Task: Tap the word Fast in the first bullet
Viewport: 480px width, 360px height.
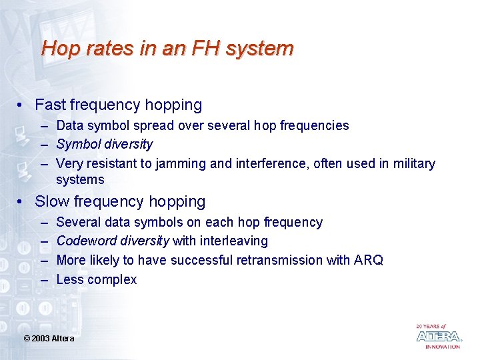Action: (x=50, y=105)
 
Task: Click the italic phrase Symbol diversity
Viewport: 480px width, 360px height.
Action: (x=105, y=145)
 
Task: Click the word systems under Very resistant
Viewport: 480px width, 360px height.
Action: (x=80, y=180)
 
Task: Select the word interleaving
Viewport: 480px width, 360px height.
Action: (x=233, y=241)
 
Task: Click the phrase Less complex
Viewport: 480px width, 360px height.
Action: (x=97, y=279)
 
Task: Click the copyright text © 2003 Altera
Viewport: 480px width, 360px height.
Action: (x=49, y=339)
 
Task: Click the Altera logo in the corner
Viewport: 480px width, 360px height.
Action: (x=438, y=336)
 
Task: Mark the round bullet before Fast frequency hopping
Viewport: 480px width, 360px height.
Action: (x=23, y=105)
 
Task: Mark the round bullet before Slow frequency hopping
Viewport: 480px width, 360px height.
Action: (x=23, y=202)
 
